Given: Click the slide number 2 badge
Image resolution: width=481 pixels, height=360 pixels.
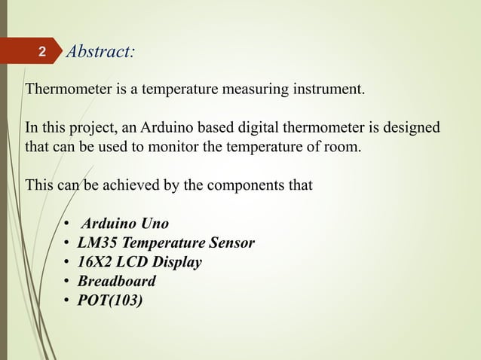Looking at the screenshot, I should pyautogui.click(x=42, y=53).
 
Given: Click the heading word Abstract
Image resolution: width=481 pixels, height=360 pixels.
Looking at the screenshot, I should pyautogui.click(x=100, y=52).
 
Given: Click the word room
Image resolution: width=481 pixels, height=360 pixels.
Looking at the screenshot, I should pyautogui.click(x=344, y=145).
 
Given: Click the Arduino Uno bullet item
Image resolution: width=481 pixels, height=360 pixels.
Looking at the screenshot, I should pyautogui.click(x=124, y=224).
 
